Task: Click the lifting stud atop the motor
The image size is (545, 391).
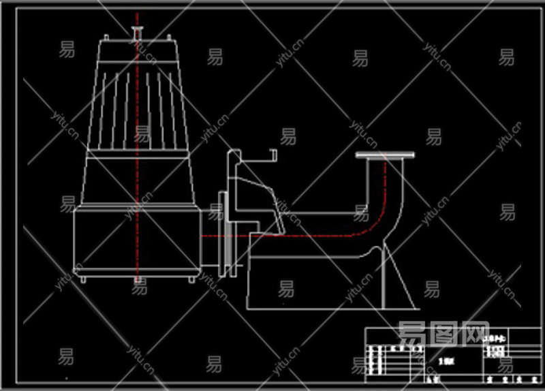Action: [137, 33]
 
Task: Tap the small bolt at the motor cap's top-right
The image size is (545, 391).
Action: [168, 38]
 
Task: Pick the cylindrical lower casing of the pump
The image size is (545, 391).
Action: [136, 242]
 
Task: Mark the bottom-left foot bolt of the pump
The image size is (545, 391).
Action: [83, 279]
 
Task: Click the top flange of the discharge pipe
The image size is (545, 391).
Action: [385, 156]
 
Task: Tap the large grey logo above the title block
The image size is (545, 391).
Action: [443, 334]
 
